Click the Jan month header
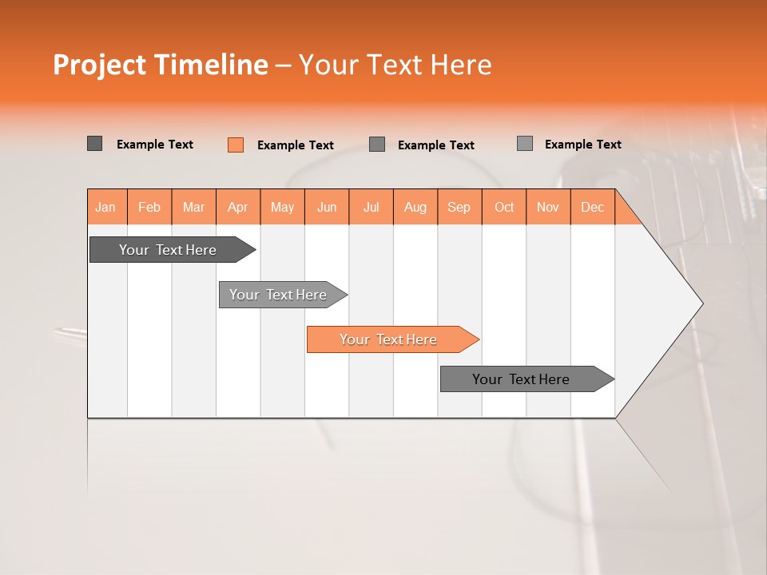[105, 207]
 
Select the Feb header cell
[149, 207]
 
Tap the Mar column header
[193, 207]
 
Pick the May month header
[282, 207]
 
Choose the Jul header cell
[371, 207]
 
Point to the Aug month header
[415, 207]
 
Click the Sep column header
[459, 207]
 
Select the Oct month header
[503, 207]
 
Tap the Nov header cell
[547, 207]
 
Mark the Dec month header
[592, 207]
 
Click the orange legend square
[235, 145]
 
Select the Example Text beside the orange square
[295, 145]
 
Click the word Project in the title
[100, 65]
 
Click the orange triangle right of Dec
[626, 214]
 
